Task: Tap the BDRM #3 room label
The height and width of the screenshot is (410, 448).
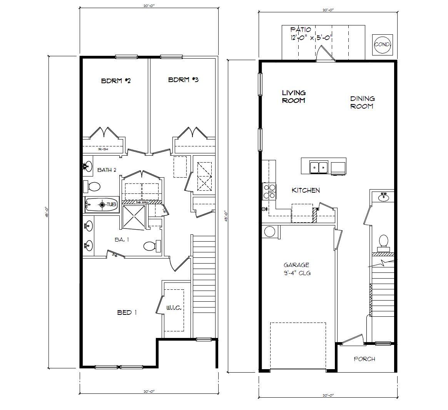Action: point(184,80)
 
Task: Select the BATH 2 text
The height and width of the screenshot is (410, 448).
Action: point(107,170)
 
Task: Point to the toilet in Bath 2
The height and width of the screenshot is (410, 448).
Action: point(92,187)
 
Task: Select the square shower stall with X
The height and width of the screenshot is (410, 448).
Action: point(134,217)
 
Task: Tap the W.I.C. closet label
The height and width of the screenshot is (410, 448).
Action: point(174,308)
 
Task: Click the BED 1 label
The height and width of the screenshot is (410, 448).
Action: point(127,313)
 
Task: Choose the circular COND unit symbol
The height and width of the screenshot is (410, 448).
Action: point(382,44)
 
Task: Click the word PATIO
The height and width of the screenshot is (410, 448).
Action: point(301,29)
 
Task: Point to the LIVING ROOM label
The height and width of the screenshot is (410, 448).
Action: point(294,96)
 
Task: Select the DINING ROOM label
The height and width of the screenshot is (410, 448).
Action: point(362,102)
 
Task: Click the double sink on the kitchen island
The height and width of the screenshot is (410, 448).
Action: point(319,167)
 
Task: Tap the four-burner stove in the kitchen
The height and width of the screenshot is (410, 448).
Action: point(269,191)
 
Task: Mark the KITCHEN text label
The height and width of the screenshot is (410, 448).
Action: point(306,190)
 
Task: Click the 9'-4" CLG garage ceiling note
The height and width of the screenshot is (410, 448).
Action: point(297,273)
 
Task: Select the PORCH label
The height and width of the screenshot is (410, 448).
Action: point(364,359)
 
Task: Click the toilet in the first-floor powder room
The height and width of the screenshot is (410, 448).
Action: point(383,241)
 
